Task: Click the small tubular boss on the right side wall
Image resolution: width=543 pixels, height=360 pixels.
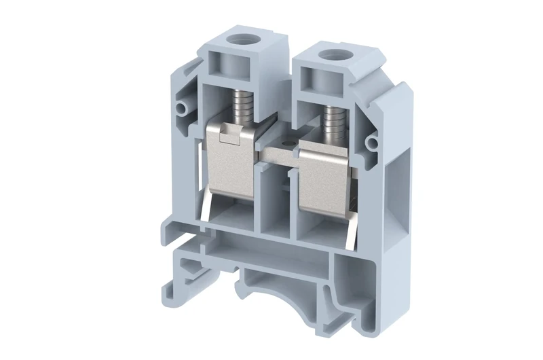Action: point(373,142)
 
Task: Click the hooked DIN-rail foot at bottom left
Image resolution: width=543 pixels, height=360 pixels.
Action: point(184,272)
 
